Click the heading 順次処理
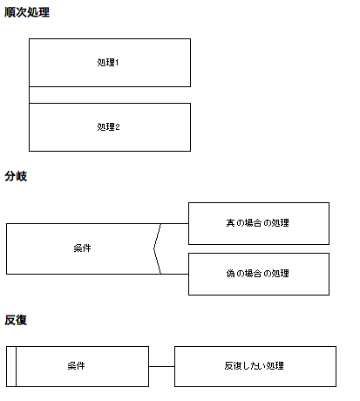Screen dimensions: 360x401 (27, 12)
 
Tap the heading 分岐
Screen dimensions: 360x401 (16, 176)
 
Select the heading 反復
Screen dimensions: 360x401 (16, 320)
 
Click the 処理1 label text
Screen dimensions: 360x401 (108, 62)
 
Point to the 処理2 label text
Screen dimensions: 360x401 (108, 126)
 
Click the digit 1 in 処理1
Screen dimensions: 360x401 (117, 63)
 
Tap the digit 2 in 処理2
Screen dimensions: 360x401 (118, 127)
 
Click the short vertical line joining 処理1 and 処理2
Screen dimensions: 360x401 (29, 95)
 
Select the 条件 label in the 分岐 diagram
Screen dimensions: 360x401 (82, 248)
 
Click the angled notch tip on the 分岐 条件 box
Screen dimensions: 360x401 (153, 248)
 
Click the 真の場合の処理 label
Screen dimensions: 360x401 (257, 223)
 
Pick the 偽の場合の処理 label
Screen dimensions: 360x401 (257, 274)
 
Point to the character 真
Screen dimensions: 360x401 (230, 223)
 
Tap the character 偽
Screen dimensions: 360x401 (230, 274)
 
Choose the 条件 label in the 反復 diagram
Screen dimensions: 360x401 (76, 365)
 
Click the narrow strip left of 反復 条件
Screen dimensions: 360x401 (11, 366)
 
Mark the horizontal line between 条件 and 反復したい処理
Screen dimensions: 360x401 (161, 366)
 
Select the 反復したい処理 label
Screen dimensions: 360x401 (254, 365)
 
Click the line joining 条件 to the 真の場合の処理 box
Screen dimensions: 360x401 (174, 223)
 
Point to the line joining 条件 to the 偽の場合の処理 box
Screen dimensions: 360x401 (174, 274)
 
